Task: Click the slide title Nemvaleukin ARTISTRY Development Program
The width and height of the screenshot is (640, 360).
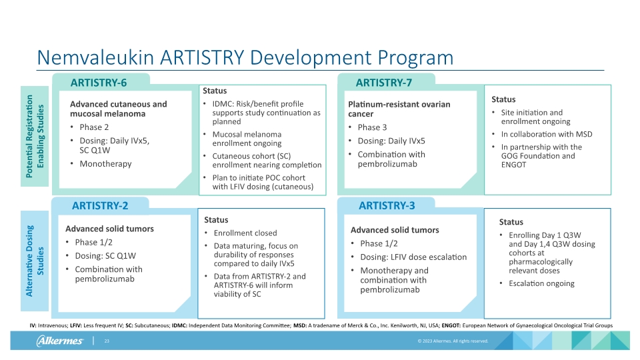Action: pyautogui.click(x=245, y=57)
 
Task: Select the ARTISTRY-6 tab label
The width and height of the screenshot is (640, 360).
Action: pyautogui.click(x=99, y=83)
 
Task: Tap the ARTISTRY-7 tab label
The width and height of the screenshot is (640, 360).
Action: pyautogui.click(x=384, y=83)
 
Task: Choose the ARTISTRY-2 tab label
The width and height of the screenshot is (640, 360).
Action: pyautogui.click(x=100, y=205)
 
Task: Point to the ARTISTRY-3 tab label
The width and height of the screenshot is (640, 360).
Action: pyautogui.click(x=387, y=205)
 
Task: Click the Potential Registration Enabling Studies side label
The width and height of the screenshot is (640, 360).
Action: pyautogui.click(x=35, y=137)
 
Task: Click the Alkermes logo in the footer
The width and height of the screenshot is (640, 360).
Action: pyautogui.click(x=60, y=341)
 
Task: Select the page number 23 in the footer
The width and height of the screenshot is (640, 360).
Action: pyautogui.click(x=106, y=341)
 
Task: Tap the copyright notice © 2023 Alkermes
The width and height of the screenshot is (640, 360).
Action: pyautogui.click(x=453, y=341)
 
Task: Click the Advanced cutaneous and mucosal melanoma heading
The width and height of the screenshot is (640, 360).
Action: pyautogui.click(x=119, y=109)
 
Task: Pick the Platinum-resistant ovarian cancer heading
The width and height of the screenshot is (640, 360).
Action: pyautogui.click(x=399, y=109)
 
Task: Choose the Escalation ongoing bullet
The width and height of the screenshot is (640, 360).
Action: pyautogui.click(x=541, y=283)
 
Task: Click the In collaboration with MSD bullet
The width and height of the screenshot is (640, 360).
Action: pyautogui.click(x=546, y=134)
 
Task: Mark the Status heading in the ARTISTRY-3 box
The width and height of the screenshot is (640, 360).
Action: pyautogui.click(x=511, y=222)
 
